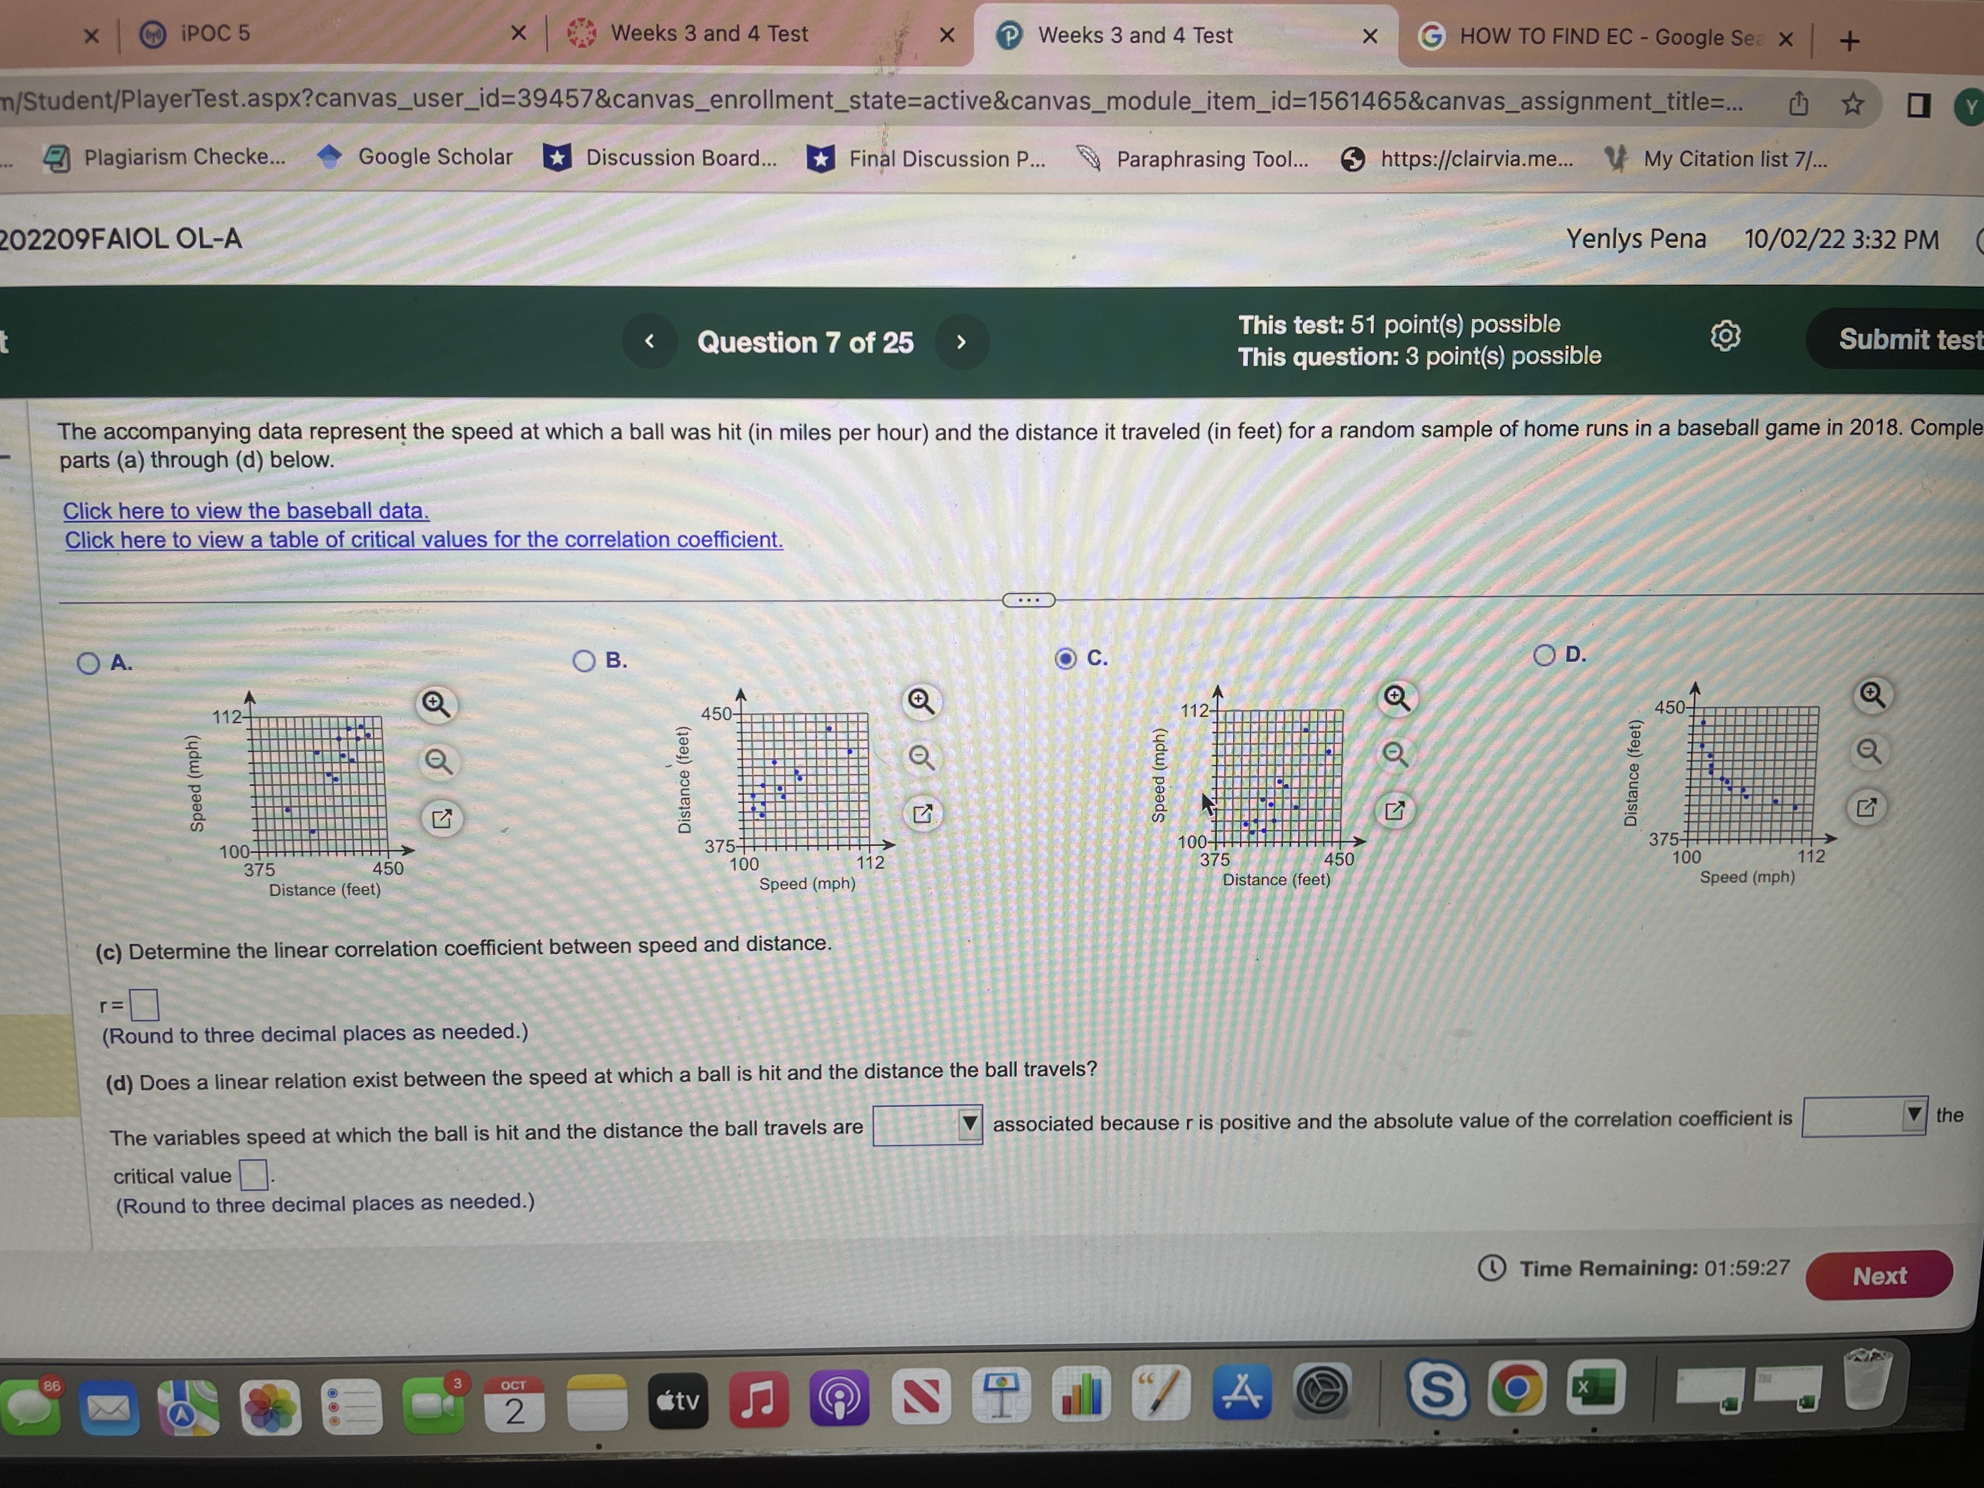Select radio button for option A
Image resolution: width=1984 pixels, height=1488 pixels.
point(88,664)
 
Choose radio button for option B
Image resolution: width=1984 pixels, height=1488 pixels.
point(583,661)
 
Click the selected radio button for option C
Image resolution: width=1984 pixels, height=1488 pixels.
point(1065,659)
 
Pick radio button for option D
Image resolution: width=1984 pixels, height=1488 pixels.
point(1544,655)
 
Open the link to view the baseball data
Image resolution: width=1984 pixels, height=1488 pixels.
point(246,510)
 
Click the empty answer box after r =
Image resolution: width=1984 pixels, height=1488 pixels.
point(144,1005)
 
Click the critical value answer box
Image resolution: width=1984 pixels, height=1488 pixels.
point(254,1174)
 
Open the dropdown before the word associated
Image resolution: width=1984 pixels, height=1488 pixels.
point(928,1125)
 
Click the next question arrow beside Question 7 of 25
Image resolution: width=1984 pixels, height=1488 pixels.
point(961,341)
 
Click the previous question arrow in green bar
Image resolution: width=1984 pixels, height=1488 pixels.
point(650,341)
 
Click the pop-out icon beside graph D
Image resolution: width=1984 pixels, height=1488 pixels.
point(1866,807)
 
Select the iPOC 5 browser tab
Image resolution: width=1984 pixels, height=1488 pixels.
point(215,34)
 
